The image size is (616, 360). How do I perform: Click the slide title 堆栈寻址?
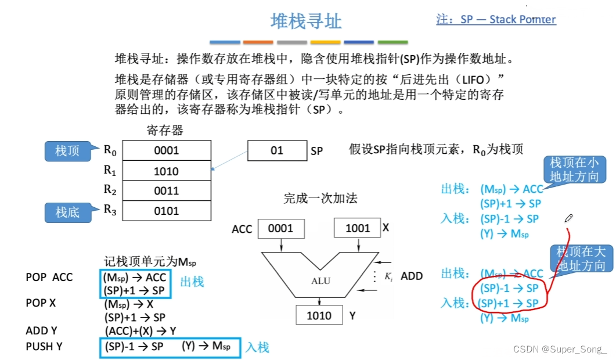[x=306, y=21]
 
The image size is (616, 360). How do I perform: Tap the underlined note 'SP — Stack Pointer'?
[x=496, y=19]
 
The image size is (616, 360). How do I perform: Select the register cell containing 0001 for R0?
[x=166, y=151]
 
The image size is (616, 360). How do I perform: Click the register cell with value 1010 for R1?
[x=166, y=171]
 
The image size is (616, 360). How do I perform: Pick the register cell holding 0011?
[x=166, y=190]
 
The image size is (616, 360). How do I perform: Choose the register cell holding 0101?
[x=166, y=211]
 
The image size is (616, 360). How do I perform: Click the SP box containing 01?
[x=276, y=151]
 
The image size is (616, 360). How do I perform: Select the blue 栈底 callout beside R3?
[x=67, y=213]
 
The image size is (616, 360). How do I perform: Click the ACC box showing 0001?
[x=280, y=228]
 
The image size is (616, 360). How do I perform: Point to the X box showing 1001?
[x=357, y=228]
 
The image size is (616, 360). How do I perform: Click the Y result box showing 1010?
[x=319, y=315]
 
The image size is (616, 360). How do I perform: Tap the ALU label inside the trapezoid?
[x=320, y=281]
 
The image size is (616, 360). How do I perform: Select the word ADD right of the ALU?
[x=412, y=276]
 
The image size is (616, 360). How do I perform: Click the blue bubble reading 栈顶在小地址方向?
[x=574, y=170]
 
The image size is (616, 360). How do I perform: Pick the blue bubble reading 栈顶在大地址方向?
[x=581, y=259]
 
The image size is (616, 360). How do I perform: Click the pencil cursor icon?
[x=568, y=218]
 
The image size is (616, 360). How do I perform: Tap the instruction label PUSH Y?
[x=45, y=347]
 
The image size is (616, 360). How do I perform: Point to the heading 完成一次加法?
[x=320, y=199]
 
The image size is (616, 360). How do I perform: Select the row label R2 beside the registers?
[x=110, y=189]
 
